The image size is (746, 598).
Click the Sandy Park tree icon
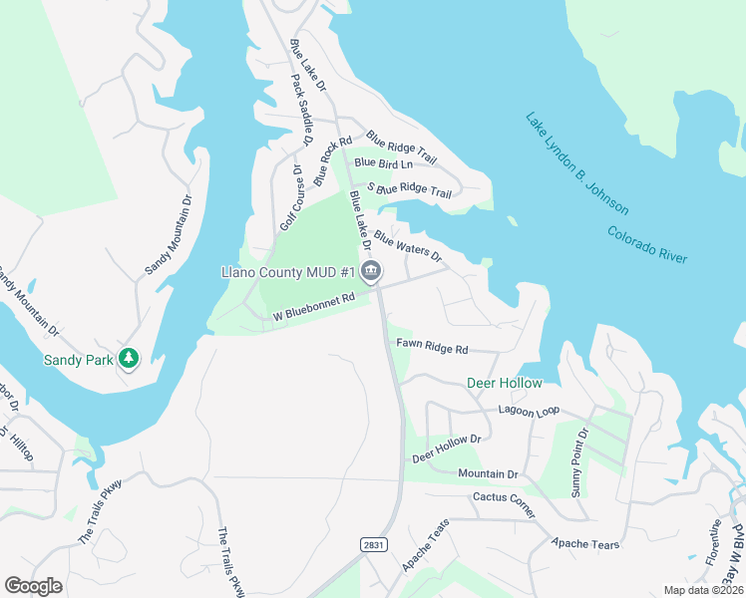coord(128,358)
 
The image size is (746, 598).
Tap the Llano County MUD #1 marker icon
coord(371,271)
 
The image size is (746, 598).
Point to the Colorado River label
coord(647,244)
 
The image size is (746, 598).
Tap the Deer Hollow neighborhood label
coord(505,383)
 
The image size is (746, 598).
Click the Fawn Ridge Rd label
coord(432,347)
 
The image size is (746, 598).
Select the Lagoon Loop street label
coord(530,411)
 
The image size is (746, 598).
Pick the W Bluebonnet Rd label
coord(314,308)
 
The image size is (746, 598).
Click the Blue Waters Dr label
coord(408,246)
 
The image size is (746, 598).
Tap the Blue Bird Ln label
coord(383,162)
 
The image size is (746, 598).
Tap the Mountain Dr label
coord(488,474)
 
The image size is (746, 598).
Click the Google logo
coord(34,585)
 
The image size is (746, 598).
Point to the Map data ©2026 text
coord(703,590)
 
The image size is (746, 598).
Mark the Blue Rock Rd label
coord(333,161)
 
